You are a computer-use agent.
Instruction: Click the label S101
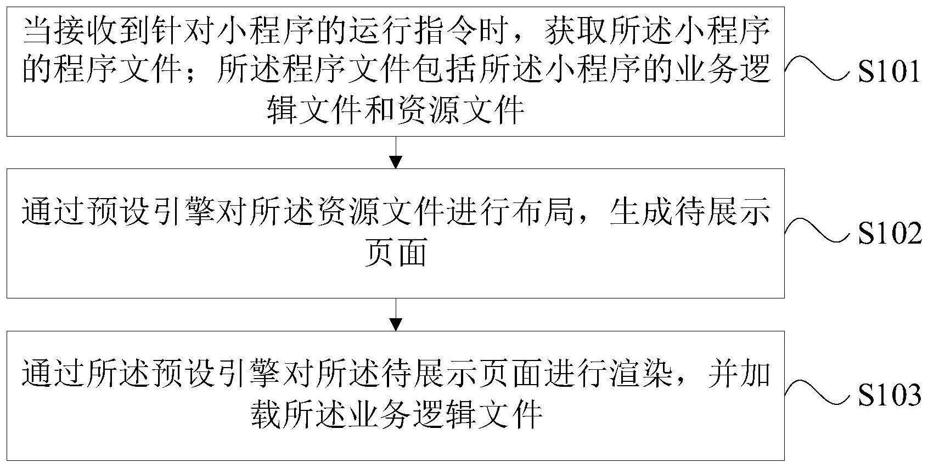(x=888, y=72)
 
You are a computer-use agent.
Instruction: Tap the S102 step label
(x=889, y=233)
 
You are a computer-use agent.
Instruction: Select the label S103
(x=889, y=394)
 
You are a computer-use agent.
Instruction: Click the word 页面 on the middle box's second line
(x=396, y=252)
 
